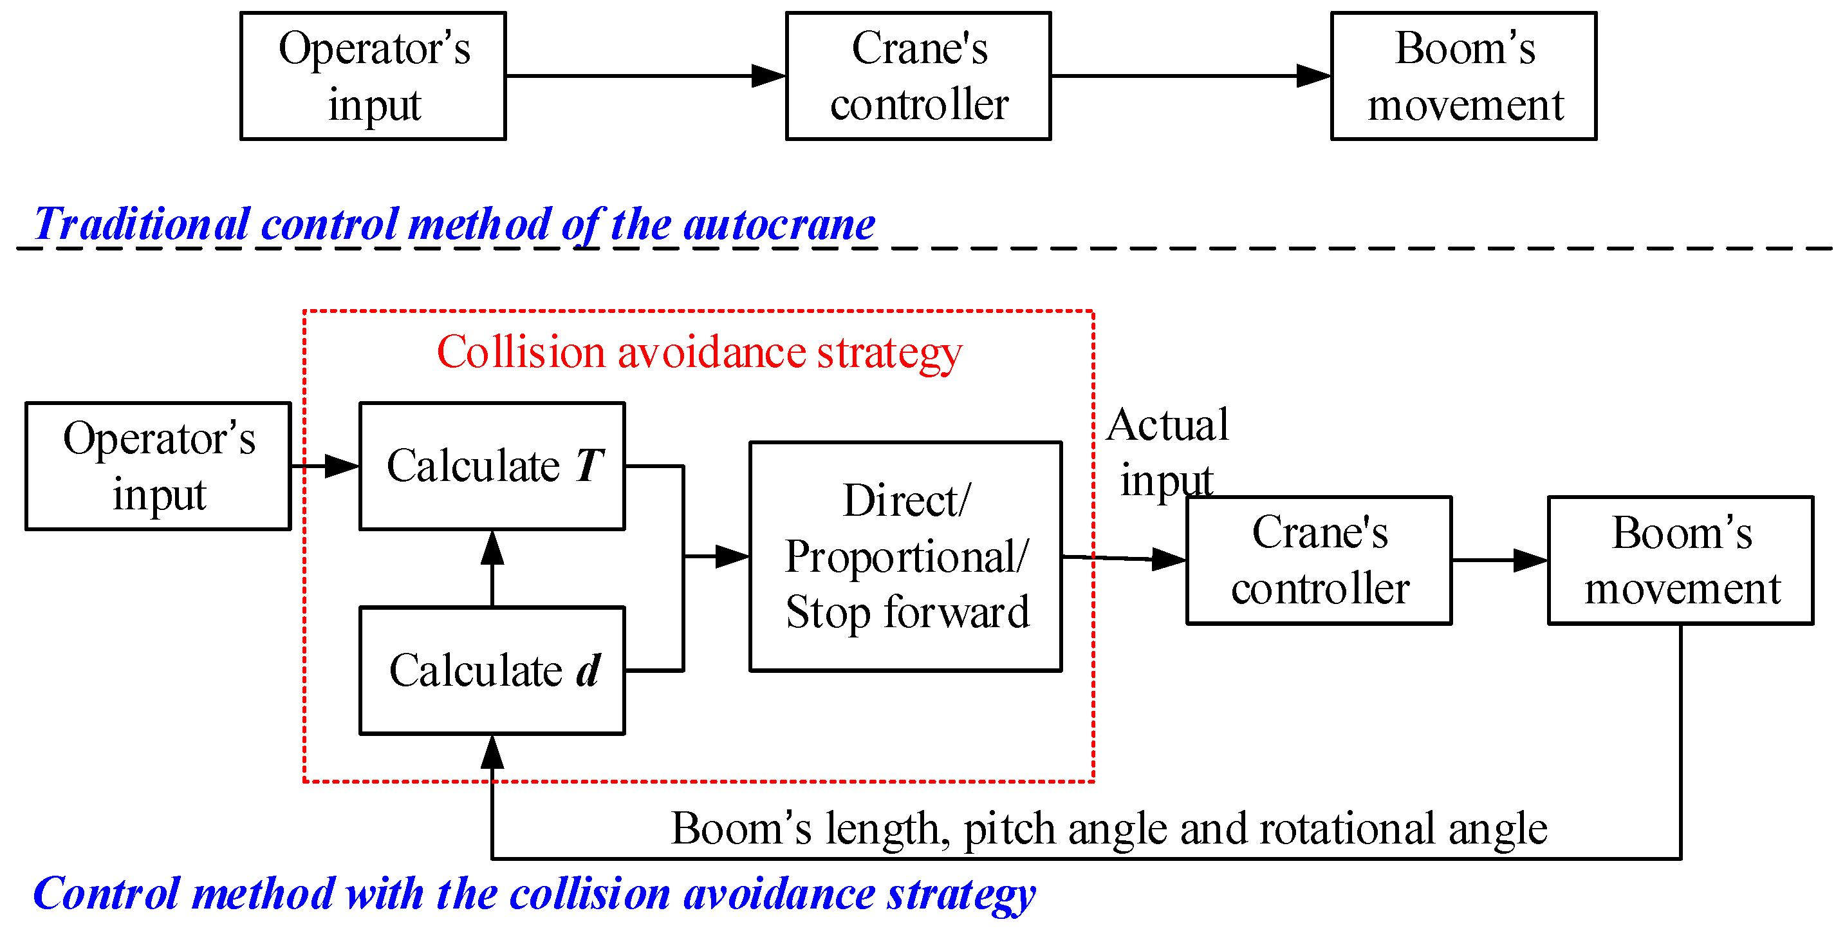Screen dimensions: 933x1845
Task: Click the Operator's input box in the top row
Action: click(x=373, y=76)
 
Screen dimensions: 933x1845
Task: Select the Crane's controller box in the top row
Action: click(x=918, y=76)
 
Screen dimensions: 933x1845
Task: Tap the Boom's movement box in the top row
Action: click(x=1463, y=76)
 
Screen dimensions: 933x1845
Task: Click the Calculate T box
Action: click(x=492, y=466)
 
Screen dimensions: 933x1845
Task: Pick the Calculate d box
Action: click(x=492, y=671)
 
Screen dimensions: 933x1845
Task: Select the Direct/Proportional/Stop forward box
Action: click(x=905, y=557)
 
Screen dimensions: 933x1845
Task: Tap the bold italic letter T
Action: click(x=589, y=466)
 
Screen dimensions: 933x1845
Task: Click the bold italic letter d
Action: click(x=588, y=671)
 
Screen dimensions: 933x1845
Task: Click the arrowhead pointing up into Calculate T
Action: click(x=492, y=547)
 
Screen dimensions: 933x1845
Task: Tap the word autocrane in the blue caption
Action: click(x=779, y=224)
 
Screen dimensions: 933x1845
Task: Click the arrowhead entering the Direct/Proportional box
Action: click(x=732, y=556)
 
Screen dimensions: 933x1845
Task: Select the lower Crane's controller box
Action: click(x=1319, y=560)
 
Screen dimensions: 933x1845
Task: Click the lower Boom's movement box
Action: click(x=1680, y=560)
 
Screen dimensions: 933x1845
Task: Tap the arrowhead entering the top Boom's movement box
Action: click(x=1313, y=76)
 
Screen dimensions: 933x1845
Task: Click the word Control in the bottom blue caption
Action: click(x=106, y=894)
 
